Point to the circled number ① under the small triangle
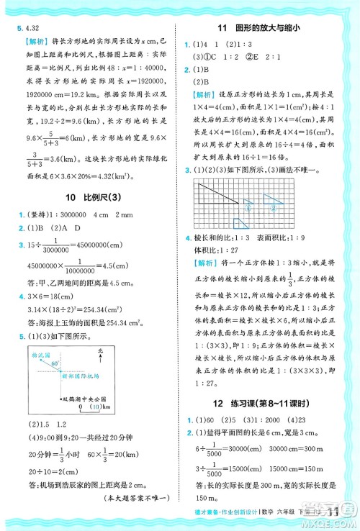248,207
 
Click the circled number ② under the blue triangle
274,208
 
